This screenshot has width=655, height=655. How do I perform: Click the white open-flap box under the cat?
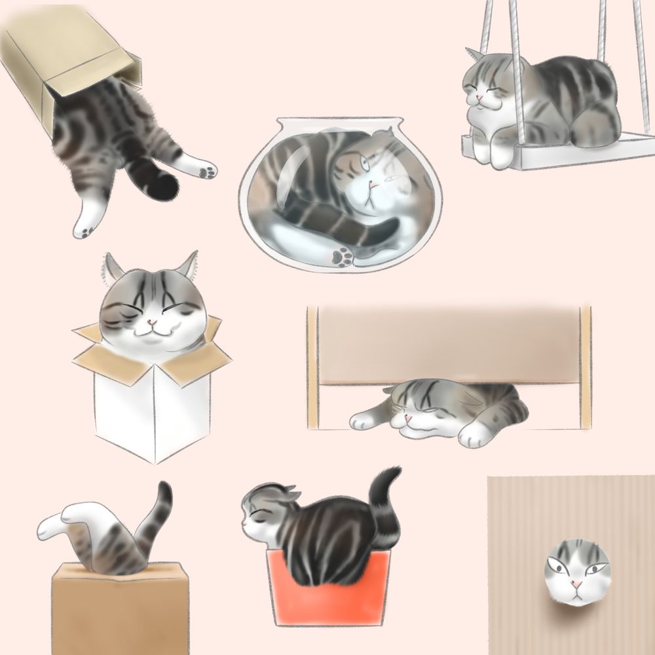pos(151,406)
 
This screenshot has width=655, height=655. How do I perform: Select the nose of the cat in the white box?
pos(151,322)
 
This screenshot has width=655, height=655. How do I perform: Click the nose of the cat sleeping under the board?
pos(407,417)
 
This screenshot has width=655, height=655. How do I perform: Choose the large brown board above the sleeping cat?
pos(449,344)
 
